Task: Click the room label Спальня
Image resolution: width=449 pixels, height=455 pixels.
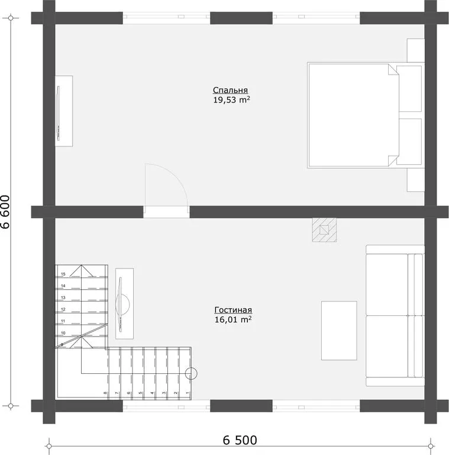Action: (230, 90)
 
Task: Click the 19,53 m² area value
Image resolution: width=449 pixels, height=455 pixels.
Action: (231, 100)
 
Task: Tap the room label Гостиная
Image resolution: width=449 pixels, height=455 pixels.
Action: (233, 310)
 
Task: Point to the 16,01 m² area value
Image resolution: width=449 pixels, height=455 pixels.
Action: (233, 319)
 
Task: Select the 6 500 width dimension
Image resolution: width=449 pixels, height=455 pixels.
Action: (240, 440)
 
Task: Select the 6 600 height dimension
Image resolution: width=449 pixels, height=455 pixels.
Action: (5, 212)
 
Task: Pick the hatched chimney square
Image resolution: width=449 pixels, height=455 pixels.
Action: (324, 230)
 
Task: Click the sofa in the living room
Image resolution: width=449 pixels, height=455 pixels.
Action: (395, 315)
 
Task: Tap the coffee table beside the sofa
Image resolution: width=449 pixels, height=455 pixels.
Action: (339, 331)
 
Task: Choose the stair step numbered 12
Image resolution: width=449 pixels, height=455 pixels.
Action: (82, 307)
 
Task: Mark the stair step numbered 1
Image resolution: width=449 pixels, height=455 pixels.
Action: (185, 373)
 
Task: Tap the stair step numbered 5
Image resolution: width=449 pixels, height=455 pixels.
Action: (138, 373)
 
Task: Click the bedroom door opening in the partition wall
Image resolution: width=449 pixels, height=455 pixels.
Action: (167, 212)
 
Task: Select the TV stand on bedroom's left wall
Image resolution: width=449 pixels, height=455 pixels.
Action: (64, 111)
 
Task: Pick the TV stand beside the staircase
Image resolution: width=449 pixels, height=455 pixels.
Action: (125, 303)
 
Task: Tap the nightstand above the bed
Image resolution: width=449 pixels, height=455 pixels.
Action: (416, 50)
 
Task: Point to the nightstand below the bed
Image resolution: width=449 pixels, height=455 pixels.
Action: (416, 180)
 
